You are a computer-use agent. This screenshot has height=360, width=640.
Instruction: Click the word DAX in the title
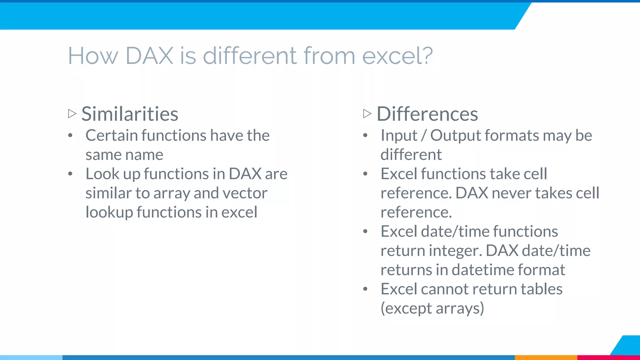click(x=149, y=56)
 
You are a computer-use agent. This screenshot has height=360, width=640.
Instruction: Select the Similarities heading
click(x=130, y=114)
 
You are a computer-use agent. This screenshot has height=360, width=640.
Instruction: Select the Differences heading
click(x=427, y=114)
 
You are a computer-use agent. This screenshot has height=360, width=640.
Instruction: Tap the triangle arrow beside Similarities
click(x=72, y=113)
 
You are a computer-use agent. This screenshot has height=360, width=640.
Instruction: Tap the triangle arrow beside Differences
click(x=367, y=113)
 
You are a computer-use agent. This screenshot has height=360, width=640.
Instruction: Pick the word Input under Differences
click(x=399, y=136)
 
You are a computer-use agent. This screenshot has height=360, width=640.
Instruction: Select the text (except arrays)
click(x=432, y=308)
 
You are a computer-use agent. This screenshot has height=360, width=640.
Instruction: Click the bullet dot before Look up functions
click(x=70, y=174)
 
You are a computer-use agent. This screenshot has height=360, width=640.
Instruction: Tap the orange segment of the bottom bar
click(x=546, y=357)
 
